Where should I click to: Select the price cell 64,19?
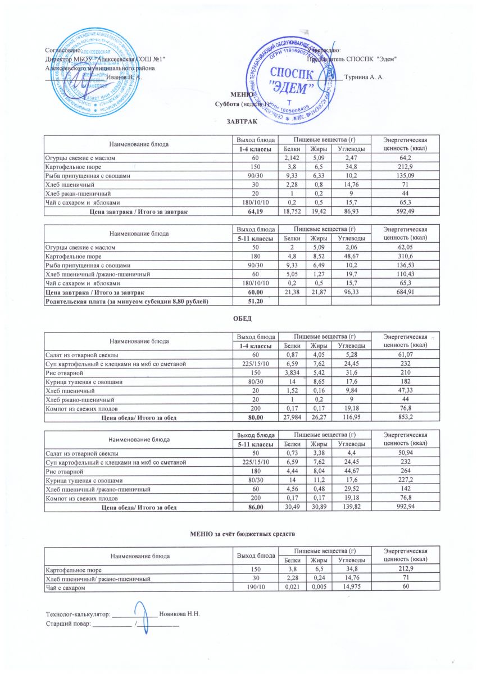(x=256, y=212)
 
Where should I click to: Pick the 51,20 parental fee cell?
(x=256, y=302)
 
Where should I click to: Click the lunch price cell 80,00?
(x=256, y=417)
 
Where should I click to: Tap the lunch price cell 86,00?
(x=256, y=507)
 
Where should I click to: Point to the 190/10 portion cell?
(x=256, y=587)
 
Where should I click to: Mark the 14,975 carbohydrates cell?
(x=349, y=587)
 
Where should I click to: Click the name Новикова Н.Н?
(x=180, y=613)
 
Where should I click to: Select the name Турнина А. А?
(x=365, y=77)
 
